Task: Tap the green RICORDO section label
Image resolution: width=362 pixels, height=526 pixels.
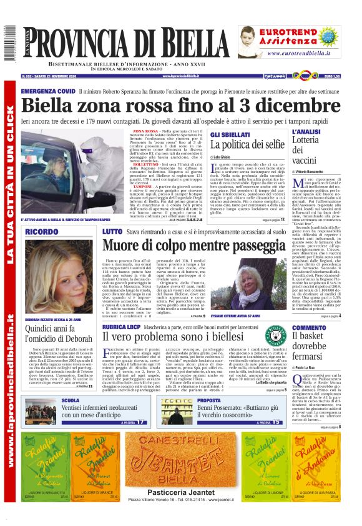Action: point(42,232)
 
